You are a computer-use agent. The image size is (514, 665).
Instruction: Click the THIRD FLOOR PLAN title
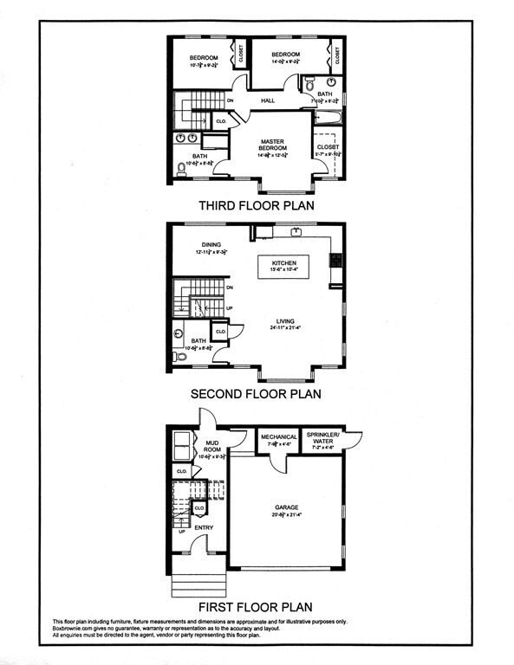pos(256,206)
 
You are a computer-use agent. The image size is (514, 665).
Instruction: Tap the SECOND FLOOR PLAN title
pos(256,393)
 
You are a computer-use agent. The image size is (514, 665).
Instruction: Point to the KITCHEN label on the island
pos(284,263)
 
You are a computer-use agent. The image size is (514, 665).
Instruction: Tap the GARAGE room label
pos(287,507)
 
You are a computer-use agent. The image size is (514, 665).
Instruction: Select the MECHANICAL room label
pos(279,437)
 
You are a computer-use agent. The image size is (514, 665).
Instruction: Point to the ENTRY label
pos(204,526)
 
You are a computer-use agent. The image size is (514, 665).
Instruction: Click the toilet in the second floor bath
pos(179,356)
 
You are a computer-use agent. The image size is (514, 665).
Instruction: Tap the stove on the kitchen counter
pos(335,260)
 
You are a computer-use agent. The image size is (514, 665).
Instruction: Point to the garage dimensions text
pos(287,514)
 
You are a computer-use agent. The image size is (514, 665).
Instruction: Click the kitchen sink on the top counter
pos(296,231)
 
